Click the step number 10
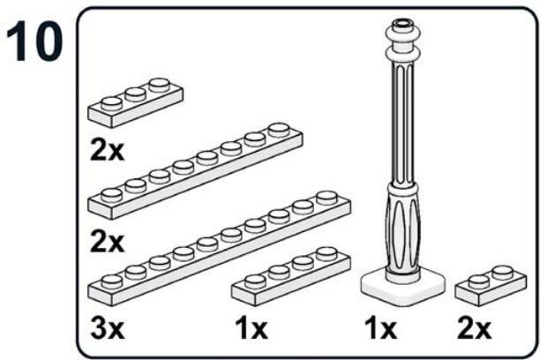34,41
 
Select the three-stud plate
135,102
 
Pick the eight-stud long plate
195,171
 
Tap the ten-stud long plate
220,249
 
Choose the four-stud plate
291,276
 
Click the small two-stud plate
491,285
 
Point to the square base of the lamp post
403,286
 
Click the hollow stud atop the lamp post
403,24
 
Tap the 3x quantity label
107,328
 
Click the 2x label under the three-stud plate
107,150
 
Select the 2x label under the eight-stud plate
107,242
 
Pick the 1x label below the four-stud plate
251,328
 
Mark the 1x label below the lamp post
380,328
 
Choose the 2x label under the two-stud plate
474,328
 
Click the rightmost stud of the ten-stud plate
326,198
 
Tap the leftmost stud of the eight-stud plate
112,195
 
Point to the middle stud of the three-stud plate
135,94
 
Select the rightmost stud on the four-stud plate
326,253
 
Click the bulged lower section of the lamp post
403,231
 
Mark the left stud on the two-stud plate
479,281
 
